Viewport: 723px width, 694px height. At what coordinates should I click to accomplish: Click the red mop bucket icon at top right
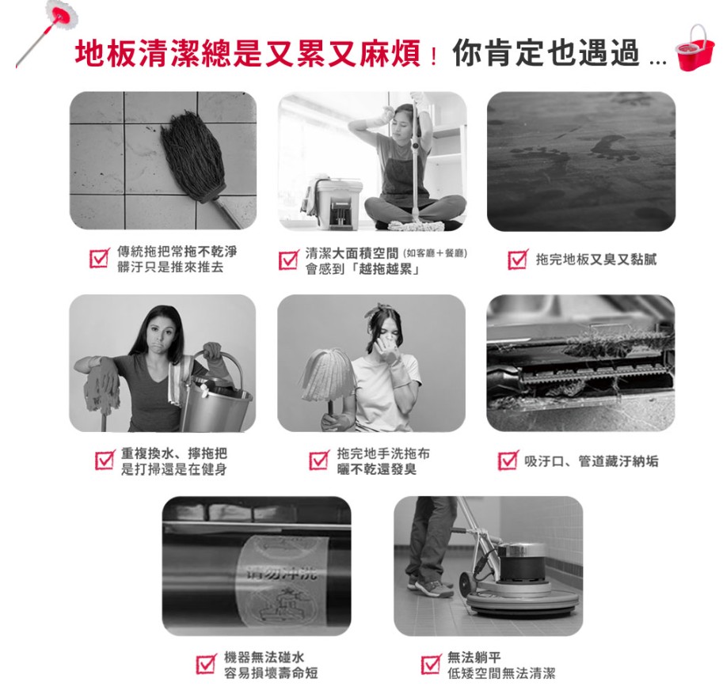[694, 47]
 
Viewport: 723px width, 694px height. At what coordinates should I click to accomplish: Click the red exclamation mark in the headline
[433, 55]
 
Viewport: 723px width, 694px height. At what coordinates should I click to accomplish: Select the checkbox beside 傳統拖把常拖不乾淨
[100, 258]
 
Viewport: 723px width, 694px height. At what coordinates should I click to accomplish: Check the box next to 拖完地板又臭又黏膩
[518, 260]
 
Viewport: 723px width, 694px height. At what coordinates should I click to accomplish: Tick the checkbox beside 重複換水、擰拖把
[105, 460]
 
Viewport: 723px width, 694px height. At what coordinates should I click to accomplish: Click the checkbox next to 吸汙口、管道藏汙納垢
[508, 460]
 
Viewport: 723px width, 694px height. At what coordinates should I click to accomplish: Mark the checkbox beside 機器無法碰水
[206, 664]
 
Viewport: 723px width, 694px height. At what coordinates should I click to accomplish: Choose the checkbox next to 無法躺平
[431, 664]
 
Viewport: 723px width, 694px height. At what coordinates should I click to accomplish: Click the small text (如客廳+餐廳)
[435, 253]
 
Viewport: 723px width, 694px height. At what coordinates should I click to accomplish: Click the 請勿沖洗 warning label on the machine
[282, 581]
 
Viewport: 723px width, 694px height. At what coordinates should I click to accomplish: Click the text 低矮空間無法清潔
[501, 673]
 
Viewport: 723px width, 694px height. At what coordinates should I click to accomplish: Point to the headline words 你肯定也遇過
[546, 53]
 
